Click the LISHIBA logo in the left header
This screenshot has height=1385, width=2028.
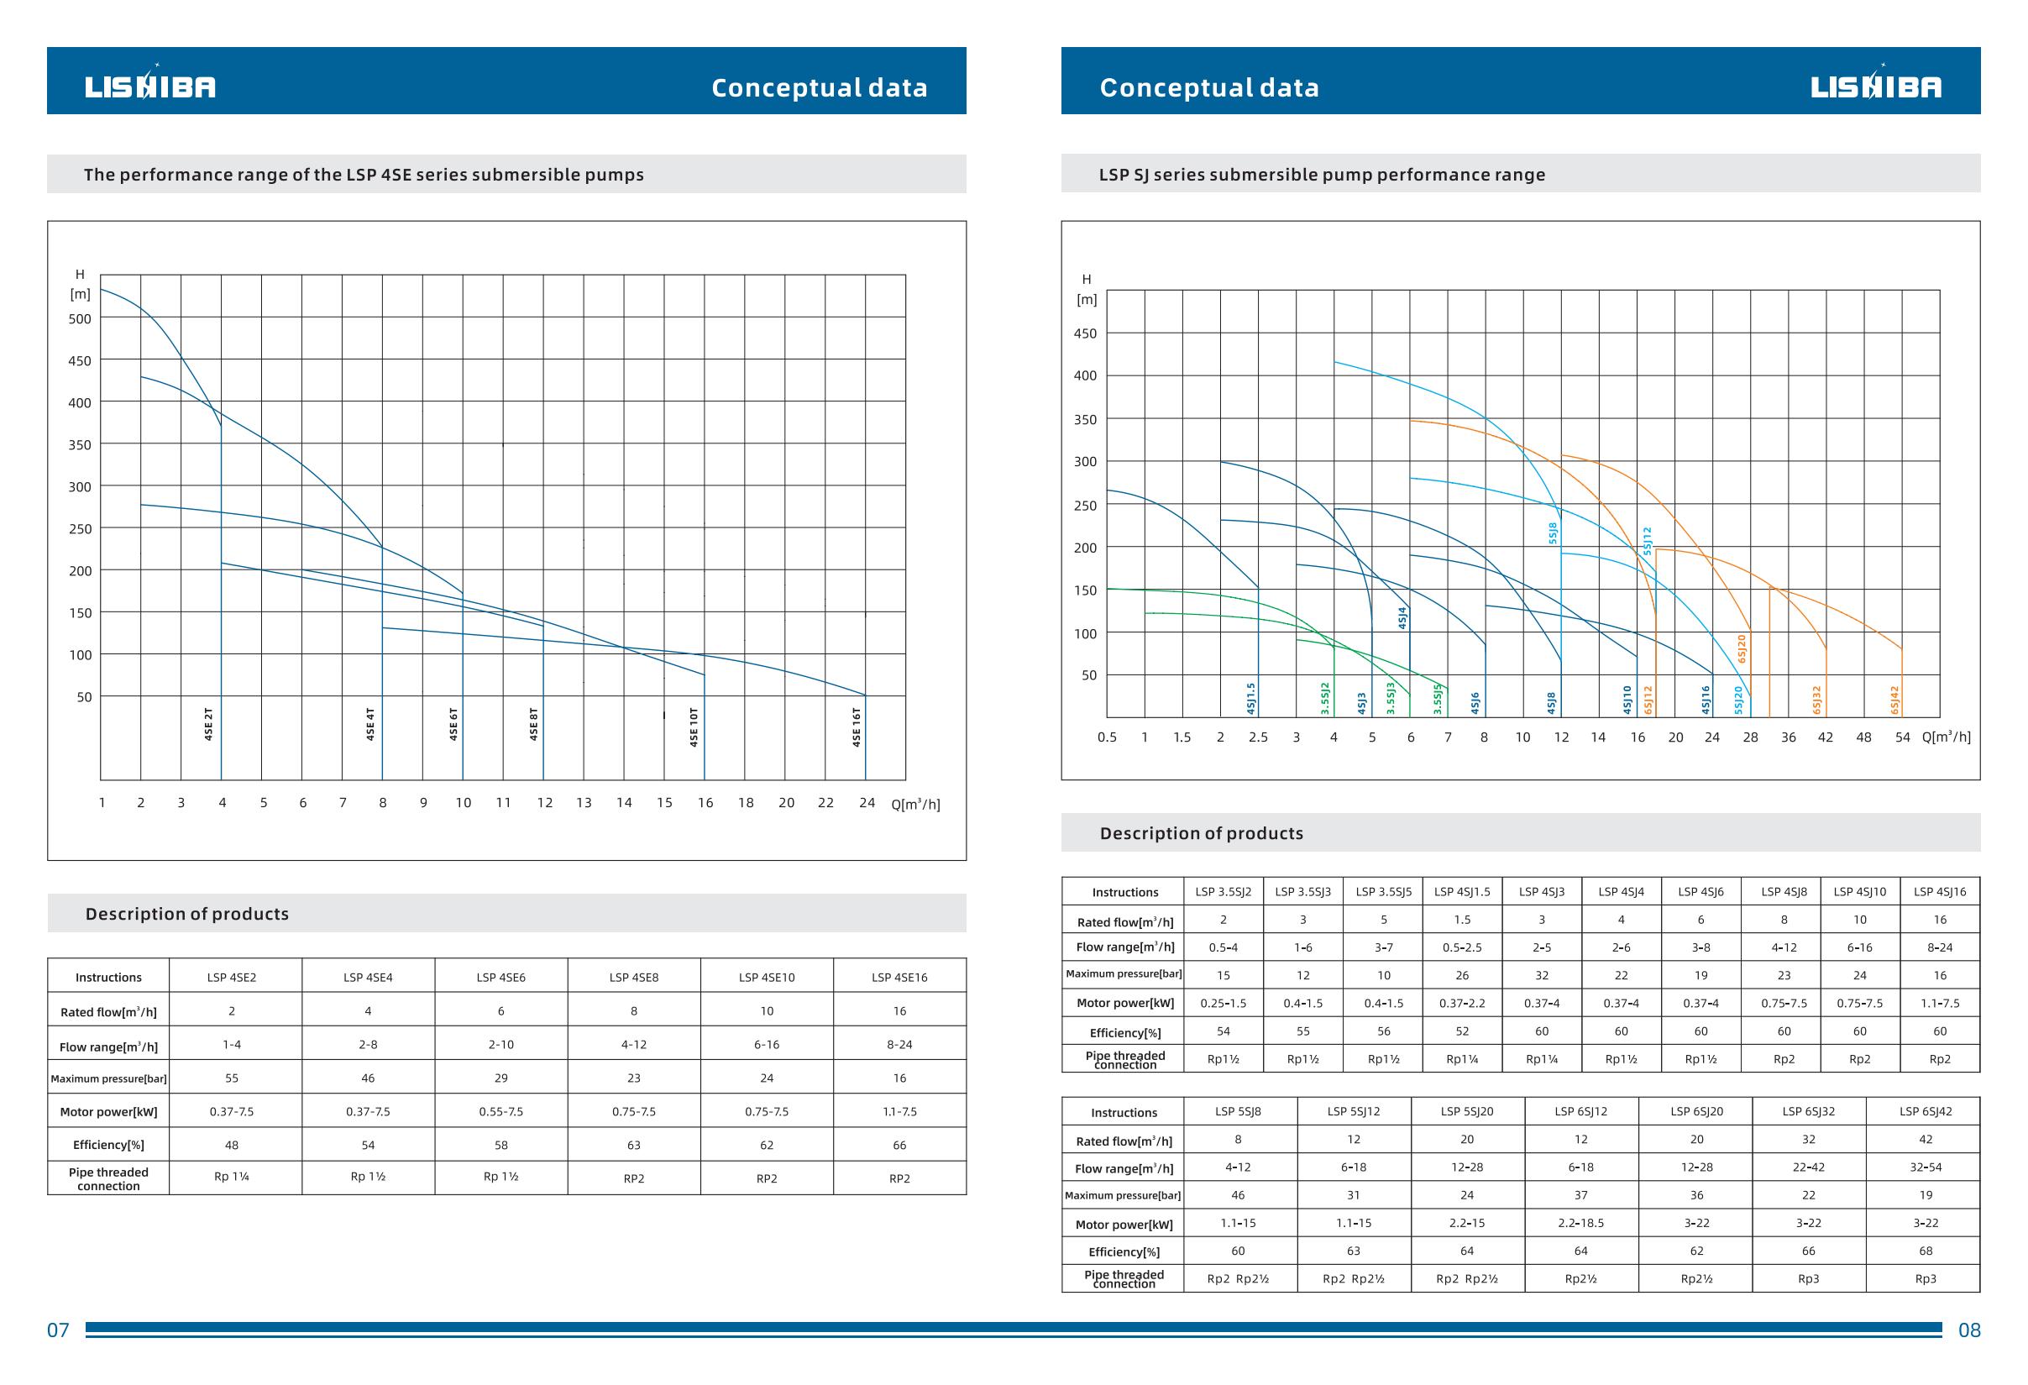[150, 86]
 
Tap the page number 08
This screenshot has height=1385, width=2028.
[1969, 1330]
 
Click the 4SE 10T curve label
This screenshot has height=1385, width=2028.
[694, 727]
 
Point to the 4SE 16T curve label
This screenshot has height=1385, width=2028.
[856, 727]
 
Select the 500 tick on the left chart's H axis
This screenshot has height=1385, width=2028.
[80, 318]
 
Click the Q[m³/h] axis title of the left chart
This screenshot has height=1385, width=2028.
[915, 804]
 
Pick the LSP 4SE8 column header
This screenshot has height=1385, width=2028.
[633, 978]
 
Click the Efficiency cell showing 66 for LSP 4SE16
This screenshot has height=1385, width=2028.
[899, 1145]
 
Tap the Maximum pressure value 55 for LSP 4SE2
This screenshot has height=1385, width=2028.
[231, 1078]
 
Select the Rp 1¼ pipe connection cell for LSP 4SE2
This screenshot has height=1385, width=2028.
[231, 1177]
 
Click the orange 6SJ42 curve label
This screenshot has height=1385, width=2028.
[1894, 700]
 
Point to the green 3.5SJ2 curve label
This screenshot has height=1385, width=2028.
[1324, 698]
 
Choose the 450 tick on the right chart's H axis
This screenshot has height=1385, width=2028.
[1085, 333]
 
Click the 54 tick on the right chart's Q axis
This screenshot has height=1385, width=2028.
[1902, 737]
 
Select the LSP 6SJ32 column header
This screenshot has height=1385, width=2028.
[1808, 1112]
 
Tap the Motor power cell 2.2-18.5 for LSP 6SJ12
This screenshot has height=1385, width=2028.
[1580, 1223]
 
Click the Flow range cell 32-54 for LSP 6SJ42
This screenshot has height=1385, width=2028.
[1925, 1167]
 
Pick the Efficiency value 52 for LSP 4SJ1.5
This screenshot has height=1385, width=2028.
[1462, 1031]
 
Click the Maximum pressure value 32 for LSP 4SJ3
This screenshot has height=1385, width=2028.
[1541, 975]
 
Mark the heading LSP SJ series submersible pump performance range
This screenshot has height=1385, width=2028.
[1321, 175]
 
